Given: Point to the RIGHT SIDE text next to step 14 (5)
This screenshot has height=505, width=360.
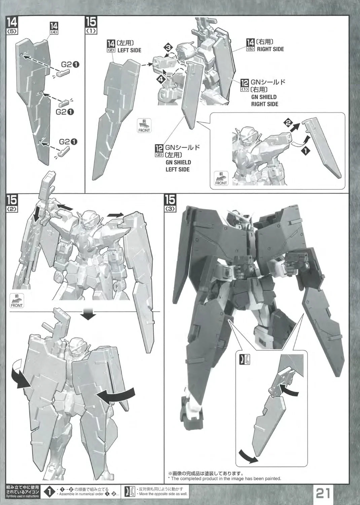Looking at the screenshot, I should pyautogui.click(x=270, y=49).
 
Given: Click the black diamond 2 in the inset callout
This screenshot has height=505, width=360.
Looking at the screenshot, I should pyautogui.click(x=287, y=123).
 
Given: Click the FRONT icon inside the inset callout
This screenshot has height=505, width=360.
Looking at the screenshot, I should pyautogui.click(x=221, y=178).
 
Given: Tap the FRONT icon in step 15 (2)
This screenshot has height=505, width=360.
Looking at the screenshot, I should pyautogui.click(x=16, y=301).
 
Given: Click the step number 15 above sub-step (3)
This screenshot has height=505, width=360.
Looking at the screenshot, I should pyautogui.click(x=170, y=200).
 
